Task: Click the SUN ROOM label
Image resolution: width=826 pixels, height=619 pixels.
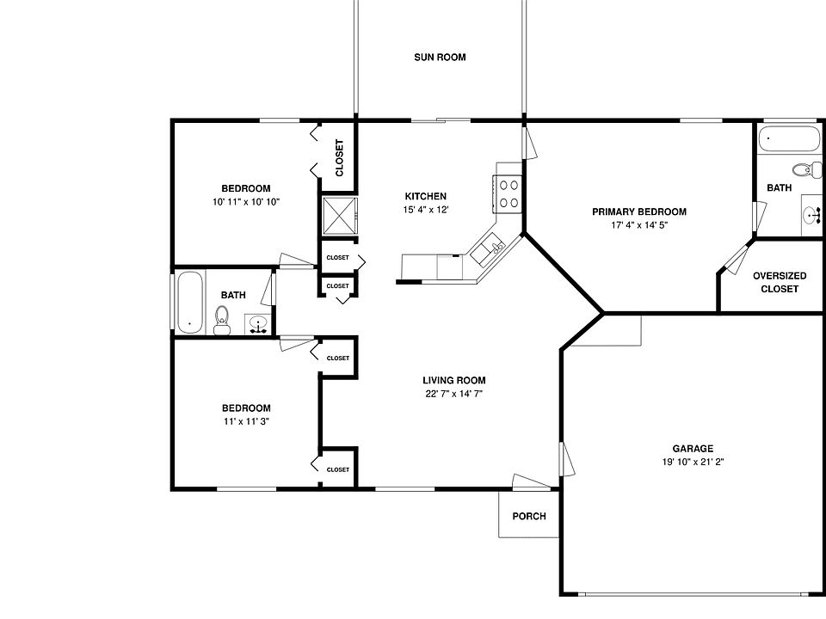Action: (440, 58)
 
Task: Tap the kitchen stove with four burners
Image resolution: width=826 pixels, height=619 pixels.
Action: (508, 193)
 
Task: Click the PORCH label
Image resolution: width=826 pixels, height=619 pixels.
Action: (528, 517)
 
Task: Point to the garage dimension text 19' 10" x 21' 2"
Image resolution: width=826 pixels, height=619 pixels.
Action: (693, 462)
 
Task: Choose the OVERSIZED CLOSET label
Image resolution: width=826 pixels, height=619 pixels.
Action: (779, 282)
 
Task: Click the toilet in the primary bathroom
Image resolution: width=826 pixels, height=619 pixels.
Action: (802, 169)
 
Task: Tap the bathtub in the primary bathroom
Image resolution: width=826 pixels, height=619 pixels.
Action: (787, 138)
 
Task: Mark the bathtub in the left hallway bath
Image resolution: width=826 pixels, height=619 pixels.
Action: (190, 302)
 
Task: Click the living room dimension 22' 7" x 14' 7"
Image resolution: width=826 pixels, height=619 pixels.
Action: (453, 394)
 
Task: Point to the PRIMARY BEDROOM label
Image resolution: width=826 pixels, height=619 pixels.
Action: (638, 211)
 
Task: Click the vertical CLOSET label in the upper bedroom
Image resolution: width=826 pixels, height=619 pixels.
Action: (339, 158)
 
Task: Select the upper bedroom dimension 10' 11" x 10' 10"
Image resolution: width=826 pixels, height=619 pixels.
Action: (246, 202)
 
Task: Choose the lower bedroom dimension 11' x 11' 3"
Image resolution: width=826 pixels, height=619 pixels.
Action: (246, 421)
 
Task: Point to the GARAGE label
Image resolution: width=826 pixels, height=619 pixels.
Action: (693, 448)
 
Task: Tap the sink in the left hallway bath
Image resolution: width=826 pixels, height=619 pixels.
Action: (257, 324)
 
